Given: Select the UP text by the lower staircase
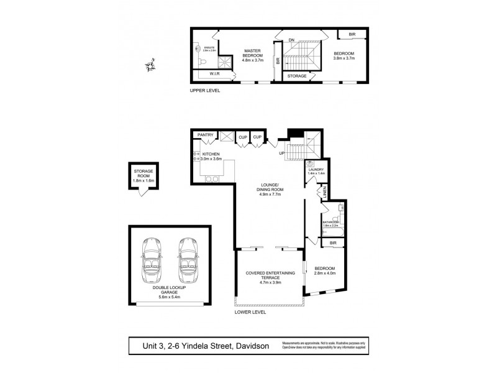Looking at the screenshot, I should (x=282, y=153).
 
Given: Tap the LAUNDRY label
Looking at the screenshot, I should (x=316, y=169).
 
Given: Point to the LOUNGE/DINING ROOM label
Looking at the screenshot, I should (x=270, y=188).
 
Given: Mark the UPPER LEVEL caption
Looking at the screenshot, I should (x=205, y=91).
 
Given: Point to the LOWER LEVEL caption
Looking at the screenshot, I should (x=250, y=312).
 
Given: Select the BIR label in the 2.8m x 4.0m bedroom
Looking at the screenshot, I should (x=333, y=242).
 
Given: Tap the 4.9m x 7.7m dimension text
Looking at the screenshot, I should (x=270, y=195).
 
